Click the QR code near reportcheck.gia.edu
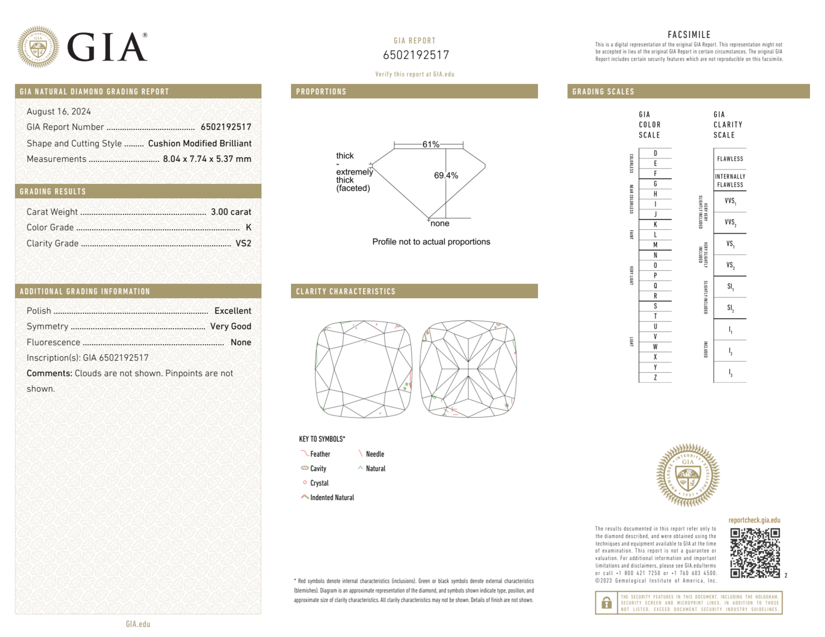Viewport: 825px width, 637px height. pos(754,553)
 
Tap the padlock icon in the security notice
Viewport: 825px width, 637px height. pos(606,603)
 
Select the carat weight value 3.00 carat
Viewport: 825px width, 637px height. pos(231,212)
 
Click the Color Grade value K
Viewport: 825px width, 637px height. pos(248,227)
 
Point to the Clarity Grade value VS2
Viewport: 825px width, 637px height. pos(243,244)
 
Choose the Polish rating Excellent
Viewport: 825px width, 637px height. pos(233,311)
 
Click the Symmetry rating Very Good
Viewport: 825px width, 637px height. pos(230,326)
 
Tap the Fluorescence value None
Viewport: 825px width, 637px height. pos(241,342)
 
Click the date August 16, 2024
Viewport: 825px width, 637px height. pos(59,112)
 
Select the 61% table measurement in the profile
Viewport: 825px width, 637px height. pos(430,144)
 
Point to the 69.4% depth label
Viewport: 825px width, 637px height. pos(446,176)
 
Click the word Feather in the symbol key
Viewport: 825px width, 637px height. pos(320,454)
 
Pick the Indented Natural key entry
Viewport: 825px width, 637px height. pos(332,498)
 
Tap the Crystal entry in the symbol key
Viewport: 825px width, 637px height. pos(319,483)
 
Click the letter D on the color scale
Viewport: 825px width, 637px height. pos(655,153)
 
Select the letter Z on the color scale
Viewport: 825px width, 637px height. pos(655,377)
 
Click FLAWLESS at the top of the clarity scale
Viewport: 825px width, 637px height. pos(730,159)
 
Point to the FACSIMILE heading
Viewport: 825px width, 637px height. pos(689,35)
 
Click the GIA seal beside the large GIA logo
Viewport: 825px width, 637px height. pos(38,47)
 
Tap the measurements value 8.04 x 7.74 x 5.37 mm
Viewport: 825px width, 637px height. pos(207,159)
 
